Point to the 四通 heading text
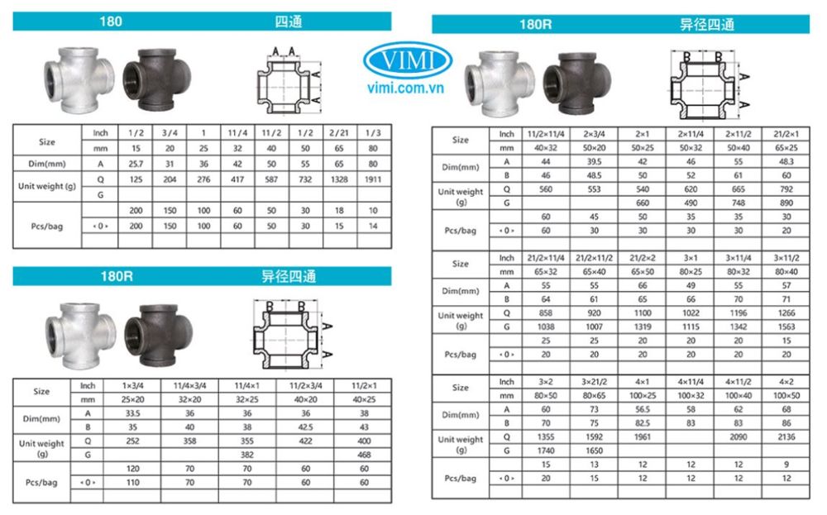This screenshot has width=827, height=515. coord(290,21)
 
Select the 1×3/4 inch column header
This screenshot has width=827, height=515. coord(134,385)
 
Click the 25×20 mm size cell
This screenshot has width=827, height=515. coord(134,399)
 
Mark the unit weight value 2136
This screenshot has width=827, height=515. coord(786,436)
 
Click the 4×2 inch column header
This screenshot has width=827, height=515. coord(786,382)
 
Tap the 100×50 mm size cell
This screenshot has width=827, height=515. coord(786,396)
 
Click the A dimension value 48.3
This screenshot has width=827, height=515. coord(786,161)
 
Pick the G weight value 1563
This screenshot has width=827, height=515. coord(786,327)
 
